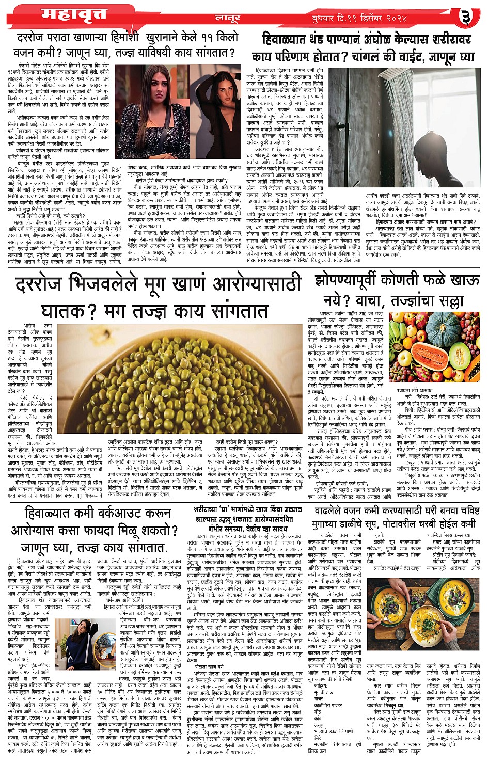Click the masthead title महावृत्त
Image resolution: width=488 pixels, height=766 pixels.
pos(67,14)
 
